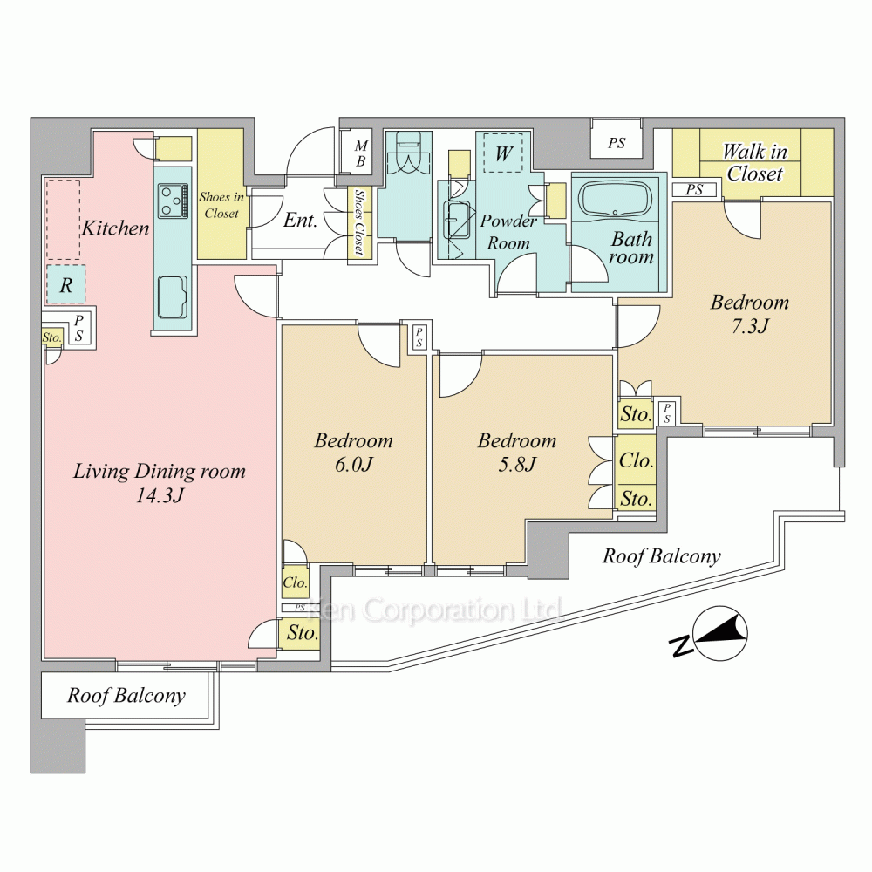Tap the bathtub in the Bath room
[615, 199]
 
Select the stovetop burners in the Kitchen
[173, 201]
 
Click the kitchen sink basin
[173, 296]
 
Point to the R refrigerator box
[65, 285]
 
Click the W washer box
[503, 153]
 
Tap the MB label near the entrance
[361, 153]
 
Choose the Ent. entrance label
[300, 221]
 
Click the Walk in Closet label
[754, 162]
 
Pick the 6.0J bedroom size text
[353, 464]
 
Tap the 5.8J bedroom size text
[516, 464]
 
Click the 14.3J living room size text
[160, 495]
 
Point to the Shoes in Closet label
[221, 205]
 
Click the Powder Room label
[508, 232]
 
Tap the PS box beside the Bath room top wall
[617, 143]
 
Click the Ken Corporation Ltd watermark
[435, 610]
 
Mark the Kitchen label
[116, 228]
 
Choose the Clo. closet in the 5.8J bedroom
[637, 460]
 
